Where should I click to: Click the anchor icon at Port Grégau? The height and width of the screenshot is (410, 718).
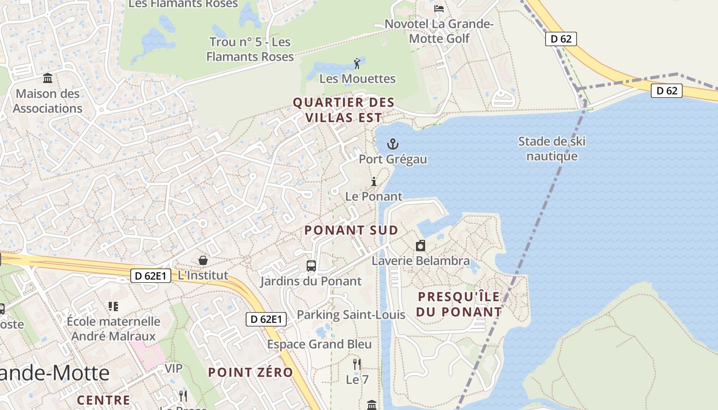[393, 144]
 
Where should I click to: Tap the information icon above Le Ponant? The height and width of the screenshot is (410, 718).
[374, 181]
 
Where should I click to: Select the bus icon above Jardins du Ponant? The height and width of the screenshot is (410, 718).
[311, 265]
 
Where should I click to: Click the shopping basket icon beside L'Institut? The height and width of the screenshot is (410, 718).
[203, 260]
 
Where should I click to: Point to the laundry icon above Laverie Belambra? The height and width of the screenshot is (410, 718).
[421, 245]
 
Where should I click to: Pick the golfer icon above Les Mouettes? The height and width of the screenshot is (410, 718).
[357, 64]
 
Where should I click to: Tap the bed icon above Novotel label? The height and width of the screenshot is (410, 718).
[439, 8]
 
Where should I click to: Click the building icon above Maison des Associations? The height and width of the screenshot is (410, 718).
[48, 78]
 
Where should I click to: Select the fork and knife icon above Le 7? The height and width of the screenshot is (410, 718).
[357, 364]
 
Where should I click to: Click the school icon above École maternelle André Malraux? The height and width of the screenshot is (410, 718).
[113, 306]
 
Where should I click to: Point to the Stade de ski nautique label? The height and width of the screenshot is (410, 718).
[552, 149]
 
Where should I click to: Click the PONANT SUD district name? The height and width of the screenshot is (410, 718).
[351, 230]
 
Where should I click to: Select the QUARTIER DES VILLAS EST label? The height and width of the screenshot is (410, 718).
[344, 110]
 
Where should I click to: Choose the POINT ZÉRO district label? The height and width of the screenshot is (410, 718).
[250, 373]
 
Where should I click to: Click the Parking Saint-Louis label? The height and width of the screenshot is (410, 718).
[351, 315]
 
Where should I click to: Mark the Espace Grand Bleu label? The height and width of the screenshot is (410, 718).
[320, 344]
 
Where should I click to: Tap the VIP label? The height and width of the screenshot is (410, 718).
[173, 368]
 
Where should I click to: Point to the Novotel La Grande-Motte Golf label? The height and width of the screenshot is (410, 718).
[439, 31]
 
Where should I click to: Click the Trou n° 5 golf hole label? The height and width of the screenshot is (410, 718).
[250, 49]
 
